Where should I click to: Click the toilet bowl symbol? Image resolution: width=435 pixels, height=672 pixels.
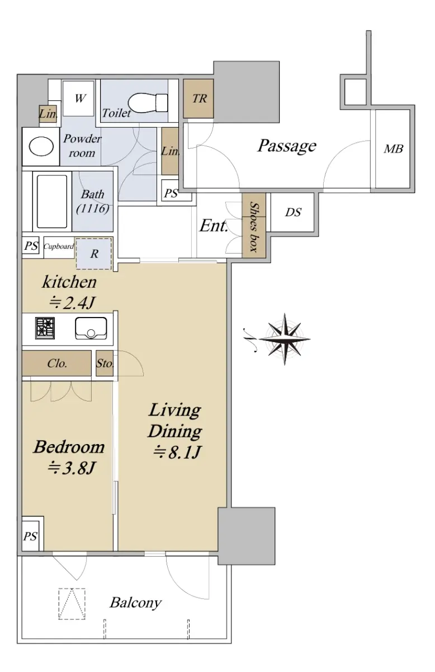point(148,102)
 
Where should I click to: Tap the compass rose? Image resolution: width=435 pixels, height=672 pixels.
point(284,339)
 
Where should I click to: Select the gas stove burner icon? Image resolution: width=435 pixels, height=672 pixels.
point(45,328)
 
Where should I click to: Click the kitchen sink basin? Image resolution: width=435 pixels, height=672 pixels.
point(91,328)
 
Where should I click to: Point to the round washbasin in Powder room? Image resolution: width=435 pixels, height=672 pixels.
point(41,146)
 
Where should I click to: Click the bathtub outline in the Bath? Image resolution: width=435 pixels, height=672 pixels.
point(52,202)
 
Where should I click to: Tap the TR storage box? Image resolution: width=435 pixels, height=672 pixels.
point(198,99)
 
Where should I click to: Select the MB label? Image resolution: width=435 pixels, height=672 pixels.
point(394,148)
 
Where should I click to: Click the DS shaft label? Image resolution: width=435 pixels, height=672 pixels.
point(293,212)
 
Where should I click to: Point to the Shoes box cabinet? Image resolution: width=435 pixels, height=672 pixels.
point(254,225)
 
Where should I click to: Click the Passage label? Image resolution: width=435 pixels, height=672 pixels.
point(287,146)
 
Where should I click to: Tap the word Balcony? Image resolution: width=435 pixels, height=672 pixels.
point(135,603)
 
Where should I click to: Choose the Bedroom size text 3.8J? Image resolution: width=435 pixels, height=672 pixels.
point(72,468)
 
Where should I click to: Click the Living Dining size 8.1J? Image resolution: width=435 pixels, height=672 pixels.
point(177,452)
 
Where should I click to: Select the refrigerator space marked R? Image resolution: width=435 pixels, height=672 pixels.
point(94,254)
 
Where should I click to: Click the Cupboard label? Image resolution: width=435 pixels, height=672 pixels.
point(59,246)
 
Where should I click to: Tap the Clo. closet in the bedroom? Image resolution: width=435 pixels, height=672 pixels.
point(56,363)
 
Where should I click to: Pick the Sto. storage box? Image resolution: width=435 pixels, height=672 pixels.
point(105,363)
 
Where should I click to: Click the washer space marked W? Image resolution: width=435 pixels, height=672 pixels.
point(78,98)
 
